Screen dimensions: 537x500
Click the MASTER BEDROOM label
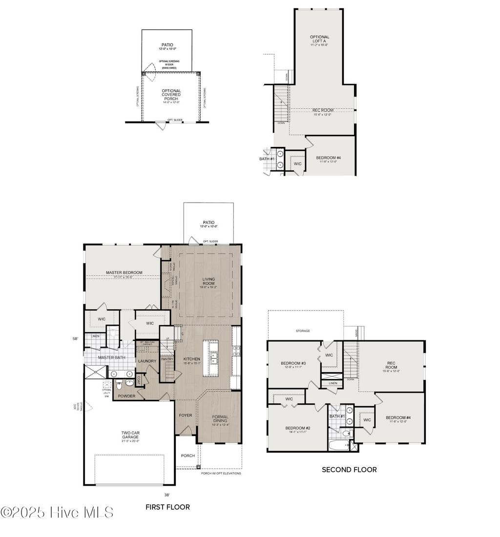click(124, 272)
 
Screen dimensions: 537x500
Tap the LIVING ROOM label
click(208, 282)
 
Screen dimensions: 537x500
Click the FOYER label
click(185, 415)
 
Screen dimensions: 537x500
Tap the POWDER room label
click(125, 396)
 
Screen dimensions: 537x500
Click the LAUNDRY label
click(147, 361)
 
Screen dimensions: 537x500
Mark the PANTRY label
click(167, 359)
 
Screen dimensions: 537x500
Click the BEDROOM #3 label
click(293, 364)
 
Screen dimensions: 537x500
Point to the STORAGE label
click(302, 331)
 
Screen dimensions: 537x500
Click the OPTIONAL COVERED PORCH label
click(171, 95)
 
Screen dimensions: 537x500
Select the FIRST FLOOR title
click(167, 507)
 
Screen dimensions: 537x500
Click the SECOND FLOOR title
click(349, 470)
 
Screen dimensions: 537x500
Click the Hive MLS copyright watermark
click(57, 512)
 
